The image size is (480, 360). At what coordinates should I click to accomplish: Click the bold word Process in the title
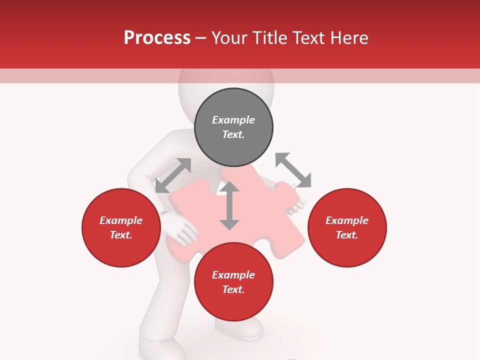pos(157,37)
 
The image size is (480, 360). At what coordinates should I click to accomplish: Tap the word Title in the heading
pos(268,37)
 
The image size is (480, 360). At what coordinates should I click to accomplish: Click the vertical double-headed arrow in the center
pos(229,205)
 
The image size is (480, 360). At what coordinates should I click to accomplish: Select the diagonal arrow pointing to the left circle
pos(173,175)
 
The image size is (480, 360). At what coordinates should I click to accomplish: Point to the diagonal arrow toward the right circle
pos(293,170)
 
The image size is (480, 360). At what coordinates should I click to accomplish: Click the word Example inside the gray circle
pos(233,120)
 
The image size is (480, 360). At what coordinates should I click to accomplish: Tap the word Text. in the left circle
pos(121,235)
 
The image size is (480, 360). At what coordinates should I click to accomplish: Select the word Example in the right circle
pos(347,220)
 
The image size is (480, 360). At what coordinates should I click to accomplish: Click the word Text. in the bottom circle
pos(233,289)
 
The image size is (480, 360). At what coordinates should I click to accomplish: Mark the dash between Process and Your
pos(200,38)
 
